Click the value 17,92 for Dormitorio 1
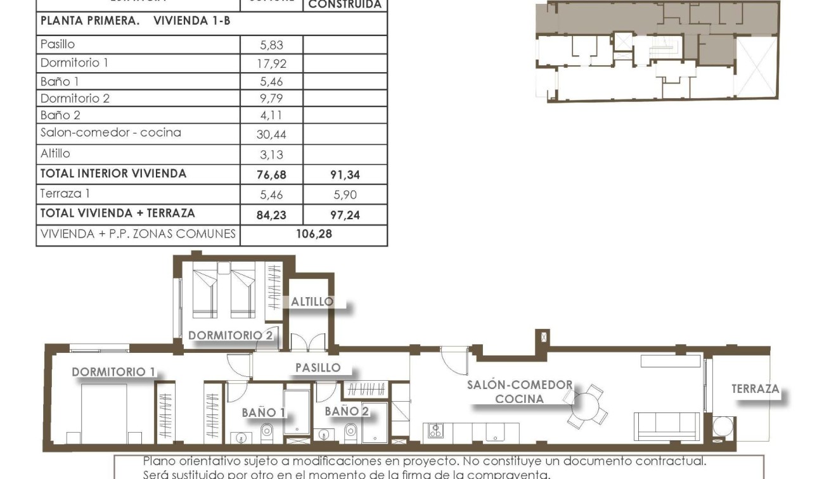(x=271, y=63)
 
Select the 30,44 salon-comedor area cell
(x=271, y=134)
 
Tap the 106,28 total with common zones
(x=314, y=234)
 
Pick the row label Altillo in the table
(x=55, y=153)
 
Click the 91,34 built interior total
(x=345, y=174)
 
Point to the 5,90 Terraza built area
(x=345, y=195)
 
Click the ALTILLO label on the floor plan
(x=312, y=302)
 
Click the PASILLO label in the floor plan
(x=318, y=367)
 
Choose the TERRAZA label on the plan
(x=755, y=389)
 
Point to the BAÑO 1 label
(x=263, y=413)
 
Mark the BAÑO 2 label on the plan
(x=346, y=411)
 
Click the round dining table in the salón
(x=586, y=406)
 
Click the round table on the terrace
(x=722, y=426)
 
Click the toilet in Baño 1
(x=267, y=433)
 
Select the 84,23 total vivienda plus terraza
(x=271, y=215)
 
